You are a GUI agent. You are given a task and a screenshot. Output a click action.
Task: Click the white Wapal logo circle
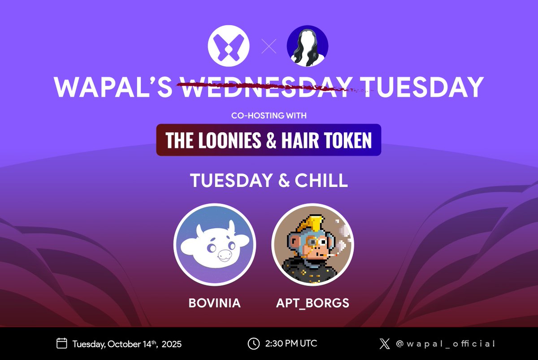[x=229, y=46]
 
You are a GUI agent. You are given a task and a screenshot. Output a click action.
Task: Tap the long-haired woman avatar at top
[x=307, y=46]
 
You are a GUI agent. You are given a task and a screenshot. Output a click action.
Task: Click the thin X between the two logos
[x=269, y=46]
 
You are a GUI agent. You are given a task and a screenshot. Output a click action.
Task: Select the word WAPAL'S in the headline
[x=113, y=88]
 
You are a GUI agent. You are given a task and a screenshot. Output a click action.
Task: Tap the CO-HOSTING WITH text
[x=269, y=116]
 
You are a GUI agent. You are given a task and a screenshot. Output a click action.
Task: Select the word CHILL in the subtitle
[x=321, y=181]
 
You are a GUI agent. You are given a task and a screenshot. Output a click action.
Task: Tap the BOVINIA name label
[x=215, y=303]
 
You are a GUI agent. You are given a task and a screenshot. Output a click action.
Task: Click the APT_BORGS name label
[x=312, y=303]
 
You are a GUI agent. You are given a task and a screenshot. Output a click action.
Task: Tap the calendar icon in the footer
[x=61, y=344]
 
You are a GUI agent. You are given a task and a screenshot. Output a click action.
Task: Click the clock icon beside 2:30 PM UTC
[x=253, y=344]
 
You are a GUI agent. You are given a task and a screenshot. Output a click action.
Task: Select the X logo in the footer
[x=385, y=344]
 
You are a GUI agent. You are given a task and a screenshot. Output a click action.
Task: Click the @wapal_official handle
[x=446, y=344]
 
